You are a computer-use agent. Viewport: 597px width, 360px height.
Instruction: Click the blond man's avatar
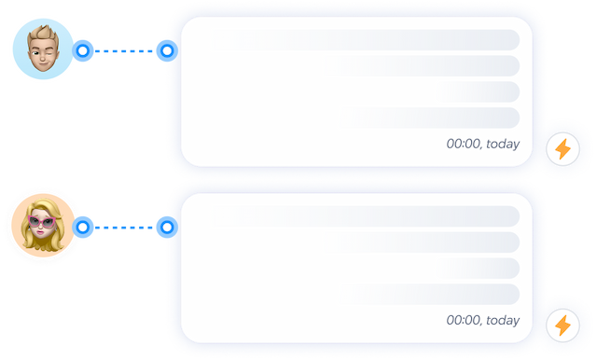[43, 49]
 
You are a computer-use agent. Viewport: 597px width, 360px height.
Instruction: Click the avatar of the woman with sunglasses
[42, 226]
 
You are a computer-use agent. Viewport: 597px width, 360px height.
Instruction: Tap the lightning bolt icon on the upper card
[562, 148]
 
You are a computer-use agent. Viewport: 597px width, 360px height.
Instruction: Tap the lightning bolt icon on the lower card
[562, 325]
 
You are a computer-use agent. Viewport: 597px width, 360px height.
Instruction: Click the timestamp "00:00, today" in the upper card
[482, 145]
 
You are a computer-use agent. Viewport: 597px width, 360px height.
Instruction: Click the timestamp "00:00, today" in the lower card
[482, 321]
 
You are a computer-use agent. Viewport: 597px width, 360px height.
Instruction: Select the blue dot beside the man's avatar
[83, 49]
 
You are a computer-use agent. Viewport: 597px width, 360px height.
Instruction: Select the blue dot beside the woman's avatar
[83, 226]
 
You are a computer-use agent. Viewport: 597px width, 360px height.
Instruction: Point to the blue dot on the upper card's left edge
[167, 49]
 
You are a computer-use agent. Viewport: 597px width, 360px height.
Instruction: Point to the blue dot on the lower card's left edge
[167, 226]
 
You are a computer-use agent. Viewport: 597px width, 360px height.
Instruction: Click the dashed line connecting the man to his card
[125, 49]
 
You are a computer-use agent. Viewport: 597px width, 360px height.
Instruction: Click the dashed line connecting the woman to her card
[125, 226]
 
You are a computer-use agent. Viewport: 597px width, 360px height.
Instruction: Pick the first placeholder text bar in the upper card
[373, 40]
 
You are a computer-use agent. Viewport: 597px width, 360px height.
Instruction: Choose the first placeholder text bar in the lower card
[373, 216]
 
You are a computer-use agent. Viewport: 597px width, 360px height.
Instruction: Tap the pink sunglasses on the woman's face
[42, 222]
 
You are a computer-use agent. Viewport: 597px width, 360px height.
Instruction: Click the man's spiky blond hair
[42, 33]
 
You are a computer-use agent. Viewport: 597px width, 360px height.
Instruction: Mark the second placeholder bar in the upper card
[424, 65]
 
